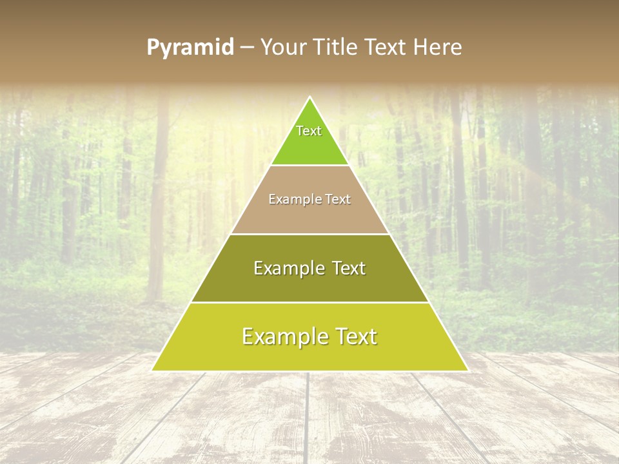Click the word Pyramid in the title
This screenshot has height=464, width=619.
[x=190, y=48]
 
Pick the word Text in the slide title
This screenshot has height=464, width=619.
[x=386, y=47]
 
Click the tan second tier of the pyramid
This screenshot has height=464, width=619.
[x=309, y=216]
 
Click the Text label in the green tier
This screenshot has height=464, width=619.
[x=309, y=131]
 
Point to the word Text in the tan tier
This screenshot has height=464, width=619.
[x=338, y=200]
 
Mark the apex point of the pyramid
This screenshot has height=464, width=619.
[x=310, y=97]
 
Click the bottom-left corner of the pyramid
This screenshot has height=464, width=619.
[x=152, y=371]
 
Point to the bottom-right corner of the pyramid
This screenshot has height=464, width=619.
[x=468, y=371]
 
